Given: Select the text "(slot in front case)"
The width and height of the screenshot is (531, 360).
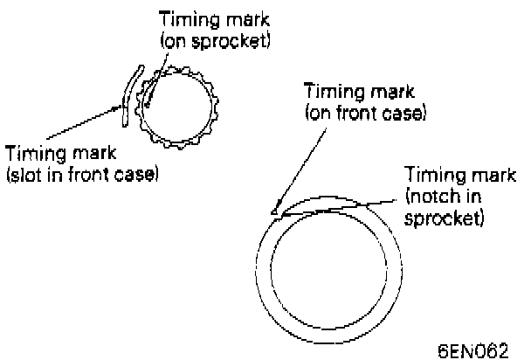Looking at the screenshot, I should (x=81, y=175).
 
